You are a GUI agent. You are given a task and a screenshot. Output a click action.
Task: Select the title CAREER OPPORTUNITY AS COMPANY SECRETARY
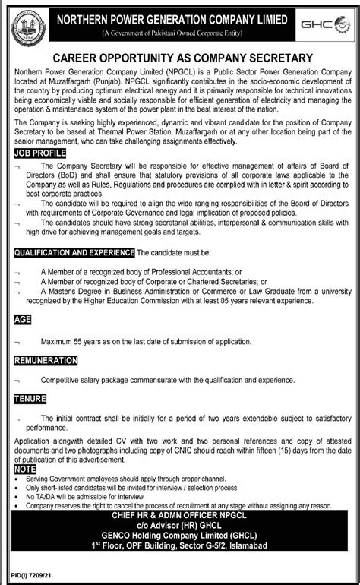(179, 58)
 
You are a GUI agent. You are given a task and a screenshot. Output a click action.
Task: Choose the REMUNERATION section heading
(46, 360)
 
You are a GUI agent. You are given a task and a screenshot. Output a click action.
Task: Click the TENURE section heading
(30, 398)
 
